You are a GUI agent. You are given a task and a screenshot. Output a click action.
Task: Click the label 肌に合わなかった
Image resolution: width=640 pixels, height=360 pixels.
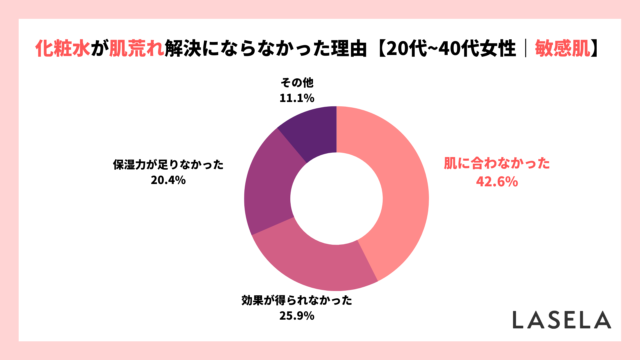click(x=497, y=165)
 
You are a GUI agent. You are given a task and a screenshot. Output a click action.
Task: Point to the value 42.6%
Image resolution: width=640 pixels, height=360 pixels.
click(x=497, y=182)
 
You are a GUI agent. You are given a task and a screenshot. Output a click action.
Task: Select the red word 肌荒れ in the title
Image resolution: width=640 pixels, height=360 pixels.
click(x=134, y=47)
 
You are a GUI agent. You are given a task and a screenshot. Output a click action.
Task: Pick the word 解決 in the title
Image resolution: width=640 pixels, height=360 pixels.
click(x=182, y=47)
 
